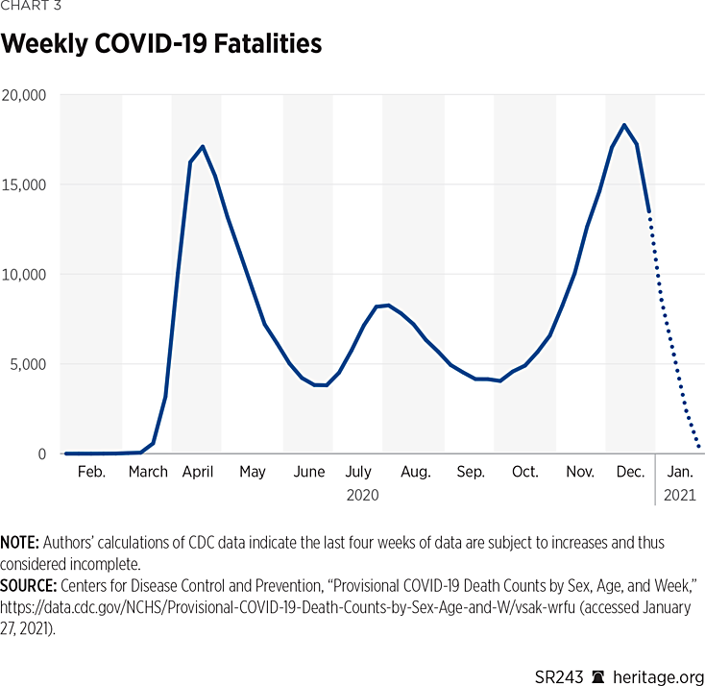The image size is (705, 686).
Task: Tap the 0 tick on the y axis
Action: pyautogui.click(x=42, y=453)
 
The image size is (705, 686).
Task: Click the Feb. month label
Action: pyautogui.click(x=91, y=472)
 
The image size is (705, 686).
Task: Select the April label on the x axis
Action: pyautogui.click(x=198, y=472)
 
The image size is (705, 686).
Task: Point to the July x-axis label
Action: pyautogui.click(x=358, y=472)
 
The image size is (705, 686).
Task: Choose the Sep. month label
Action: pyautogui.click(x=471, y=472)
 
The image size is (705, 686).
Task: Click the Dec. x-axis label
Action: pyautogui.click(x=630, y=472)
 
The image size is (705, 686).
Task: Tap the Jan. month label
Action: pyautogui.click(x=680, y=472)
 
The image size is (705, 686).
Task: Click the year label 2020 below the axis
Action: pyautogui.click(x=362, y=496)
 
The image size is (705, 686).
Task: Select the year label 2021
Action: pyautogui.click(x=680, y=496)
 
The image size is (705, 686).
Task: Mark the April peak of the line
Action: pyautogui.click(x=202, y=146)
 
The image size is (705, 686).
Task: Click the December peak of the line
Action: pyautogui.click(x=624, y=125)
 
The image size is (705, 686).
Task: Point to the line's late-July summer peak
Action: pyautogui.click(x=387, y=305)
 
